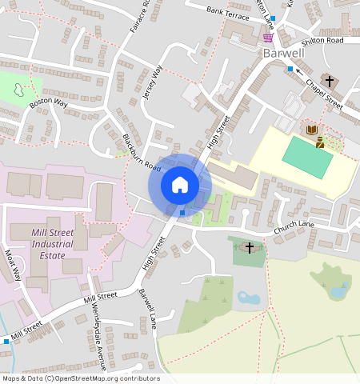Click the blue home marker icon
pos(180,186)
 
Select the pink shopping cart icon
pos(267,37)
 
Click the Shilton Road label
pos(322,40)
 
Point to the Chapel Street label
pos(323,94)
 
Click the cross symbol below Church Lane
pos(249,247)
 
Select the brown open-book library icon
pos(310,130)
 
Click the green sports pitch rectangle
pos(307,158)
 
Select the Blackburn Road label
pos(142,152)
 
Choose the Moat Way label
pos(13,265)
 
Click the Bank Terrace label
pos(228,11)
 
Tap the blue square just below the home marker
pos(182,213)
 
